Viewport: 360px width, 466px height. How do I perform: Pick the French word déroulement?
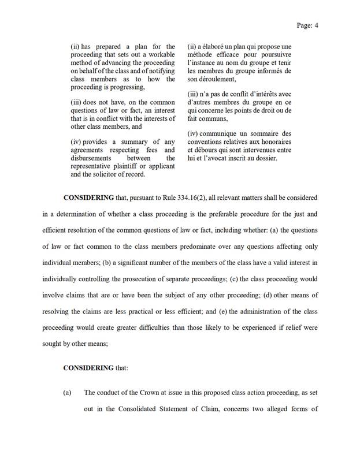(210, 79)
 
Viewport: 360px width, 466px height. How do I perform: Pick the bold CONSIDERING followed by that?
(88, 367)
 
